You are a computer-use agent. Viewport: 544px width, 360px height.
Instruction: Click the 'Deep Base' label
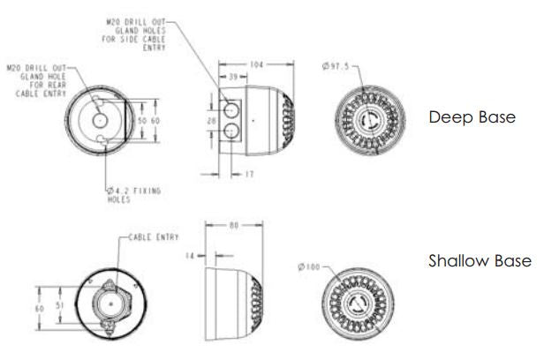471,117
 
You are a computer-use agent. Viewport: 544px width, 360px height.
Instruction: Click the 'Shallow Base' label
480,261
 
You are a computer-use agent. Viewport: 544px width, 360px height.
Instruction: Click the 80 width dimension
233,226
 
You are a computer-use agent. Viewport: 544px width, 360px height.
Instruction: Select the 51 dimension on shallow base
61,305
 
